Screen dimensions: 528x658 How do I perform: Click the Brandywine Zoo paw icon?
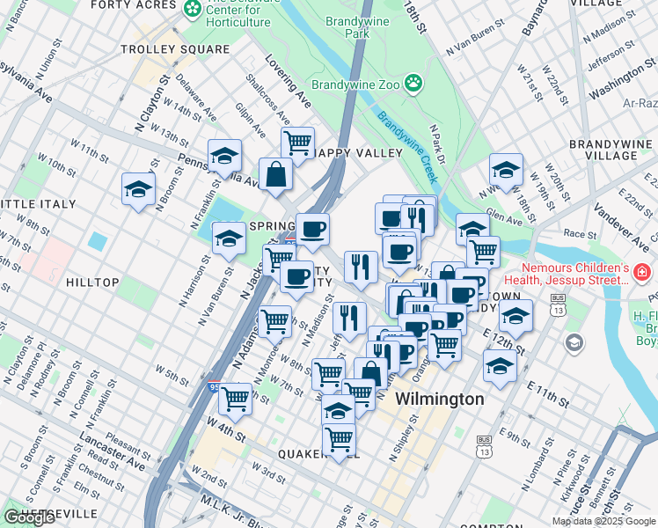click(413, 84)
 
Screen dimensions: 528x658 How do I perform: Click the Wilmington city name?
click(439, 400)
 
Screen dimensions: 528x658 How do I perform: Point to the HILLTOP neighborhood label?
click(92, 282)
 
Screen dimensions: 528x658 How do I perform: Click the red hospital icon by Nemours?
click(643, 275)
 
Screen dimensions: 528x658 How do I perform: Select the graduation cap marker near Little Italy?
click(138, 189)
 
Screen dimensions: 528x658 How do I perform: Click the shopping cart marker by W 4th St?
click(235, 398)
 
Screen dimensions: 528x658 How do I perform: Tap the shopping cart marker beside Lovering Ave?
click(298, 141)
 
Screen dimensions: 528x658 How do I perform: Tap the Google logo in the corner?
click(30, 518)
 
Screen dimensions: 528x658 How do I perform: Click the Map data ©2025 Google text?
click(603, 521)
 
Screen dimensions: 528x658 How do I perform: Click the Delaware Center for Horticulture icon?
click(193, 8)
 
